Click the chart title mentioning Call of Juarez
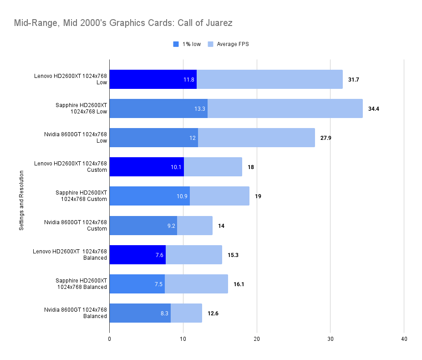123,22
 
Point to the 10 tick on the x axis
183,339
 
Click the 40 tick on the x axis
404,339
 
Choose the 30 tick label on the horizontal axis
330,339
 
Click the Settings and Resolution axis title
21,200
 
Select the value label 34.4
373,108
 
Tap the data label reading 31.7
353,79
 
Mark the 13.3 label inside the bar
199,108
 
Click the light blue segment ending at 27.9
256,138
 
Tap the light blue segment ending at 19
219,196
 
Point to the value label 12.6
213,313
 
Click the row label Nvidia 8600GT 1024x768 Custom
76,225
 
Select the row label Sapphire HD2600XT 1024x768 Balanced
81,283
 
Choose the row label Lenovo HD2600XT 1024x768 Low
71,79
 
